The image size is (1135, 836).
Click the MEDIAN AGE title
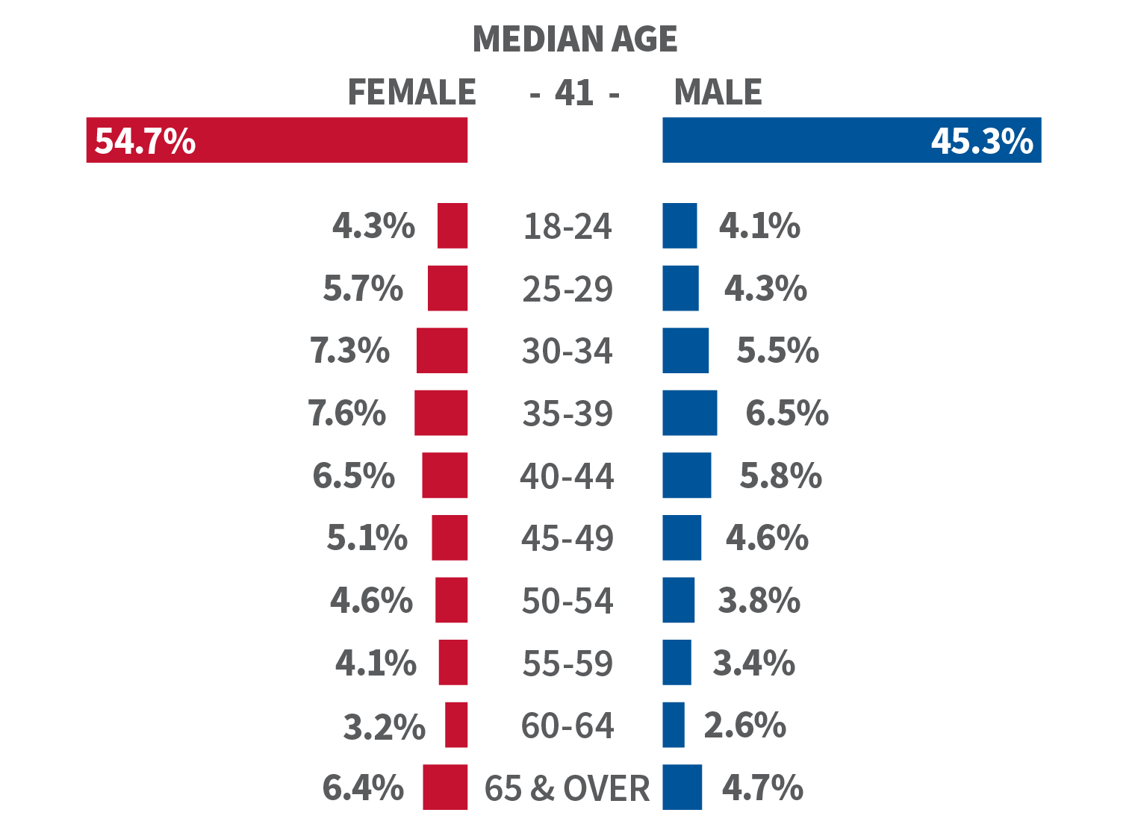click(575, 39)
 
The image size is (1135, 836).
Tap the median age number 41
click(573, 93)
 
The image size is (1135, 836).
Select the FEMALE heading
click(411, 93)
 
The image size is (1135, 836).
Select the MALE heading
click(718, 93)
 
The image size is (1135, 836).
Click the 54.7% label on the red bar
click(145, 140)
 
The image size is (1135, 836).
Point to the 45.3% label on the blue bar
click(981, 140)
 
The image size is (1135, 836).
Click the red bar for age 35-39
click(441, 413)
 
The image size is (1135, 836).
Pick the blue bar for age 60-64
click(674, 725)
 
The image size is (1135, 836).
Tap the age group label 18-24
click(567, 226)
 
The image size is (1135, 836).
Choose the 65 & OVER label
click(567, 788)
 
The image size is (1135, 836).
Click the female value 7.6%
click(347, 413)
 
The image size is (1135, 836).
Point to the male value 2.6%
click(744, 725)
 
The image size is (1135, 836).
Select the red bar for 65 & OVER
click(445, 787)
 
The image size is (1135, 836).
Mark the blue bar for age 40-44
click(686, 475)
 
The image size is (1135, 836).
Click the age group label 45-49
click(567, 538)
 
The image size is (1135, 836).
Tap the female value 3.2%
click(384, 726)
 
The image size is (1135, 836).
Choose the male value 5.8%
click(780, 475)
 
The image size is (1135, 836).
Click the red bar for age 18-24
click(453, 225)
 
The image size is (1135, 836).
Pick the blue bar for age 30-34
click(685, 350)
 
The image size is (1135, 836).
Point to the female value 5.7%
click(363, 288)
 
